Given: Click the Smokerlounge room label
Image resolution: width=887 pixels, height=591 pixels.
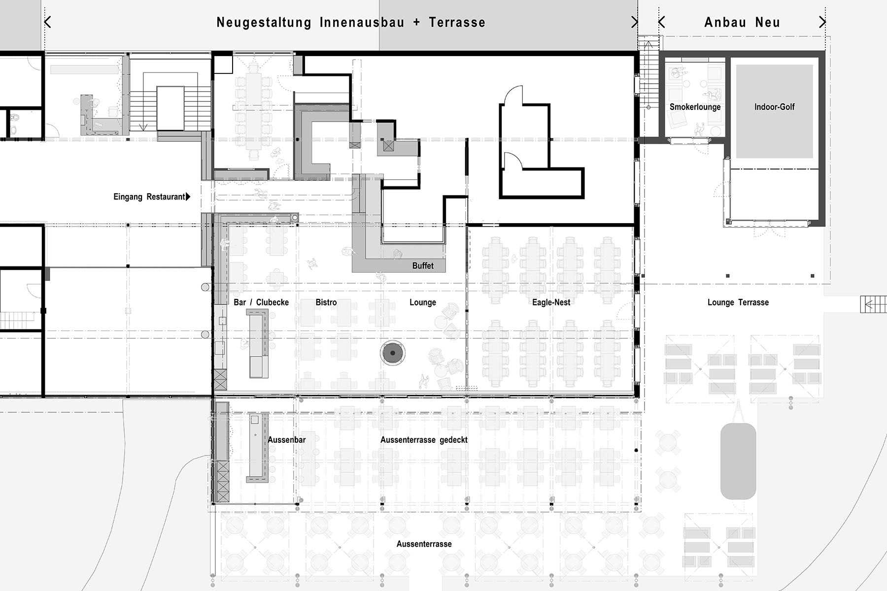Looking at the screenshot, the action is point(695,107).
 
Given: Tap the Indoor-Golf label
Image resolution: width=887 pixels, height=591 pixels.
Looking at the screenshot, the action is point(774,107).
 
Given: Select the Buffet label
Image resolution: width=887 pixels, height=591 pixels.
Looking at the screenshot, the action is point(423,266).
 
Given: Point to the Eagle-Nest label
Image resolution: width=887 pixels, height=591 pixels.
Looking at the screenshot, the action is point(551,302).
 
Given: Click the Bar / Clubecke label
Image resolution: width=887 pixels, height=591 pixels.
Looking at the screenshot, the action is point(261,302).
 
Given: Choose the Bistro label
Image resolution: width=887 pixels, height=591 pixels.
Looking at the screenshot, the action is point(326,302).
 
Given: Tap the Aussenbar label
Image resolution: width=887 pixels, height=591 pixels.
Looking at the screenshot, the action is point(287,440).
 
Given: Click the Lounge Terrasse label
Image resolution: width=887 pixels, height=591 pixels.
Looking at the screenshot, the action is point(738,302).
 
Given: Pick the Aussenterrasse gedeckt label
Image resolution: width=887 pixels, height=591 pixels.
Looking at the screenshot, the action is point(424,440).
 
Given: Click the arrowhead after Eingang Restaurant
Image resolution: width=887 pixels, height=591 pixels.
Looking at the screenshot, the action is point(188,197).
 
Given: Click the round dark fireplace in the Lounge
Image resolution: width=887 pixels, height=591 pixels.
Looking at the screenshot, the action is point(393,353).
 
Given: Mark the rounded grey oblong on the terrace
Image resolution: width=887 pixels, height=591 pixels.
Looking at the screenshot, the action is point(738,461).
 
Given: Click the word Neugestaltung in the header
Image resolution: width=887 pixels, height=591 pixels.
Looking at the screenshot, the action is point(264,23).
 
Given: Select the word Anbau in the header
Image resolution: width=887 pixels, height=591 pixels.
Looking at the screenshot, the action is point(725,22).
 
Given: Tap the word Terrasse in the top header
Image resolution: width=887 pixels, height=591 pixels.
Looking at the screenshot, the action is point(457,22).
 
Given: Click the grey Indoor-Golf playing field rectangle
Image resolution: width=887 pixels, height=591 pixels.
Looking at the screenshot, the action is point(774,111).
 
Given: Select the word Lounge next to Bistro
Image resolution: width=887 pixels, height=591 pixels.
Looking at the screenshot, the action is point(423,302).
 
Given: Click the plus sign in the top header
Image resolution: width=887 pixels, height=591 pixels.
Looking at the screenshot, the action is point(416,23).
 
